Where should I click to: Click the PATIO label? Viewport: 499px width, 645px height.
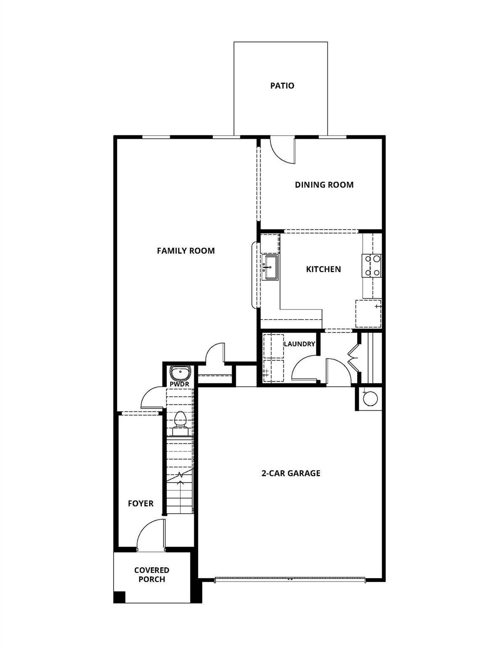(x=282, y=86)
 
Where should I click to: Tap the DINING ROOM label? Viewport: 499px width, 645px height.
(x=324, y=185)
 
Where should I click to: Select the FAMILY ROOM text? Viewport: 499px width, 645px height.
(x=186, y=251)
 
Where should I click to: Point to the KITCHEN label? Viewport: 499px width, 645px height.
(x=323, y=269)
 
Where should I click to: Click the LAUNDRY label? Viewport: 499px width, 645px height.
(x=299, y=344)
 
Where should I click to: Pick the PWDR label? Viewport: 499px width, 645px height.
(x=180, y=384)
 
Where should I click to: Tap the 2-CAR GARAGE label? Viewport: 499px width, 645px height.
(x=291, y=473)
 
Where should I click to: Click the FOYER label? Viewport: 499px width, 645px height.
(x=141, y=503)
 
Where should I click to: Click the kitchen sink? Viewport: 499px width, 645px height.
(x=270, y=267)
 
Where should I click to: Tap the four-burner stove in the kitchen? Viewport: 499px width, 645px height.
(x=372, y=266)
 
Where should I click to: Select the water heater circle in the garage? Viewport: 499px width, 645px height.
(x=370, y=399)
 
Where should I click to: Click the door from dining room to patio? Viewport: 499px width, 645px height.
(x=283, y=150)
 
